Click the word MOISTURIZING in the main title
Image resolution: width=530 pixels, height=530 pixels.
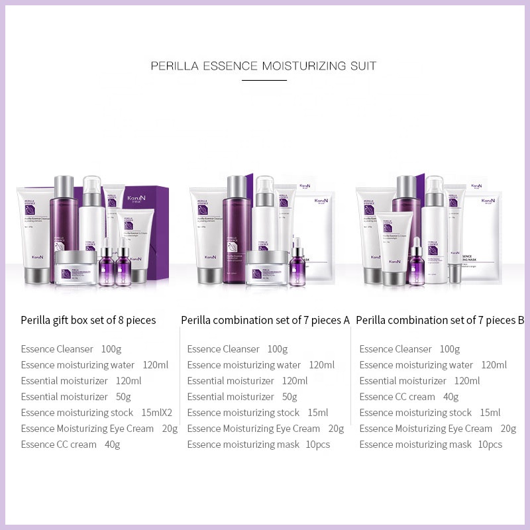pyautogui.click(x=303, y=66)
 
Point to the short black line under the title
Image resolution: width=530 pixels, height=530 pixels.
pyautogui.click(x=264, y=80)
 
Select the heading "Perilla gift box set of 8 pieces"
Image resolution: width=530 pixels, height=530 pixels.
pyautogui.click(x=88, y=321)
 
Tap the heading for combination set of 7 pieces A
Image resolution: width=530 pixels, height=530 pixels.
pyautogui.click(x=265, y=321)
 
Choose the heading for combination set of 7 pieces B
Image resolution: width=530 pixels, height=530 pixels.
pyautogui.click(x=440, y=321)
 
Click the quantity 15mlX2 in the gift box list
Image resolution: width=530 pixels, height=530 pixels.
pyautogui.click(x=157, y=413)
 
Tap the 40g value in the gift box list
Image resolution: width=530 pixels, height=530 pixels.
pyautogui.click(x=113, y=445)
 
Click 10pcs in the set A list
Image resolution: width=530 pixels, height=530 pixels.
pyautogui.click(x=318, y=445)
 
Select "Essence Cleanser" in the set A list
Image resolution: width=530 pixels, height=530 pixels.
pyautogui.click(x=223, y=349)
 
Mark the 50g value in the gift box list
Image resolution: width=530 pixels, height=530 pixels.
pyautogui.click(x=123, y=397)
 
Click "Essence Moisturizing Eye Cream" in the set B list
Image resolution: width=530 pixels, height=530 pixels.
pyautogui.click(x=426, y=429)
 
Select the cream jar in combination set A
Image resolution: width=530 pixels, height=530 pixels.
pyautogui.click(x=267, y=268)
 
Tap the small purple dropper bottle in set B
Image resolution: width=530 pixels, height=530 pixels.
pyautogui.click(x=416, y=263)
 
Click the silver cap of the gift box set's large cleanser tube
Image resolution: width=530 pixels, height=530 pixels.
pyautogui.click(x=41, y=273)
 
